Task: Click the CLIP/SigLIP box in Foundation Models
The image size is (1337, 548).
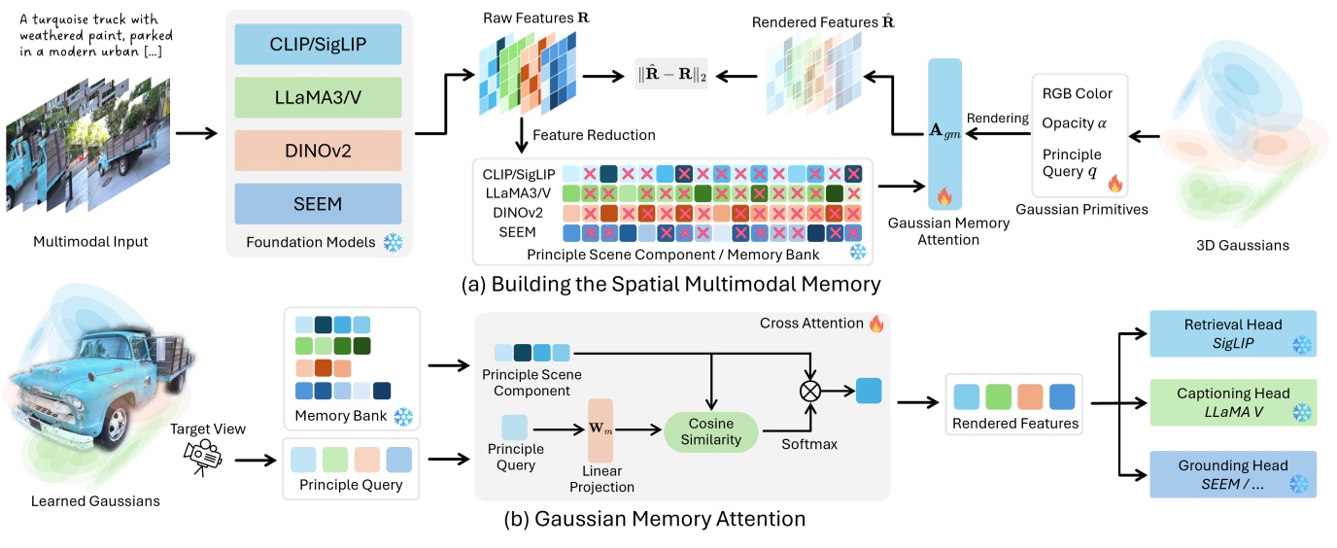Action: (318, 47)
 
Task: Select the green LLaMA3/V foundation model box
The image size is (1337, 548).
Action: (318, 99)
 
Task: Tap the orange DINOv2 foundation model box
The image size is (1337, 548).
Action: (318, 152)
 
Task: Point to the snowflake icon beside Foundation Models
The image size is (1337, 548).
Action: (393, 242)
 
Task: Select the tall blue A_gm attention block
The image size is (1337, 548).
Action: (944, 132)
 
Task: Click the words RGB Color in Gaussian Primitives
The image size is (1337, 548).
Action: (1077, 93)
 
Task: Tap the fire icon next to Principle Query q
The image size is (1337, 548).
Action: (1114, 182)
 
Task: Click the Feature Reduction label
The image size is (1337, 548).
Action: (594, 135)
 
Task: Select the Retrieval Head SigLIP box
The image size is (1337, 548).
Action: (1232, 334)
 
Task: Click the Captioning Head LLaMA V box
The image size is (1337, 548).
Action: (1232, 403)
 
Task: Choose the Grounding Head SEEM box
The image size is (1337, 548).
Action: (1232, 473)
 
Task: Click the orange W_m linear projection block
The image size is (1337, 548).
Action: (600, 428)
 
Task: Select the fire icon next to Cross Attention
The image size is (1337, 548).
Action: (876, 324)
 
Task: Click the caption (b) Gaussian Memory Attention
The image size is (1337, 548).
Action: (654, 519)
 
